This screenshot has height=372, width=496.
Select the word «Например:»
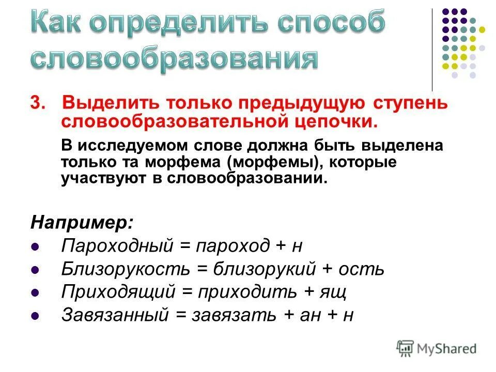(x=82, y=223)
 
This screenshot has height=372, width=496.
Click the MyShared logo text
(x=447, y=349)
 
